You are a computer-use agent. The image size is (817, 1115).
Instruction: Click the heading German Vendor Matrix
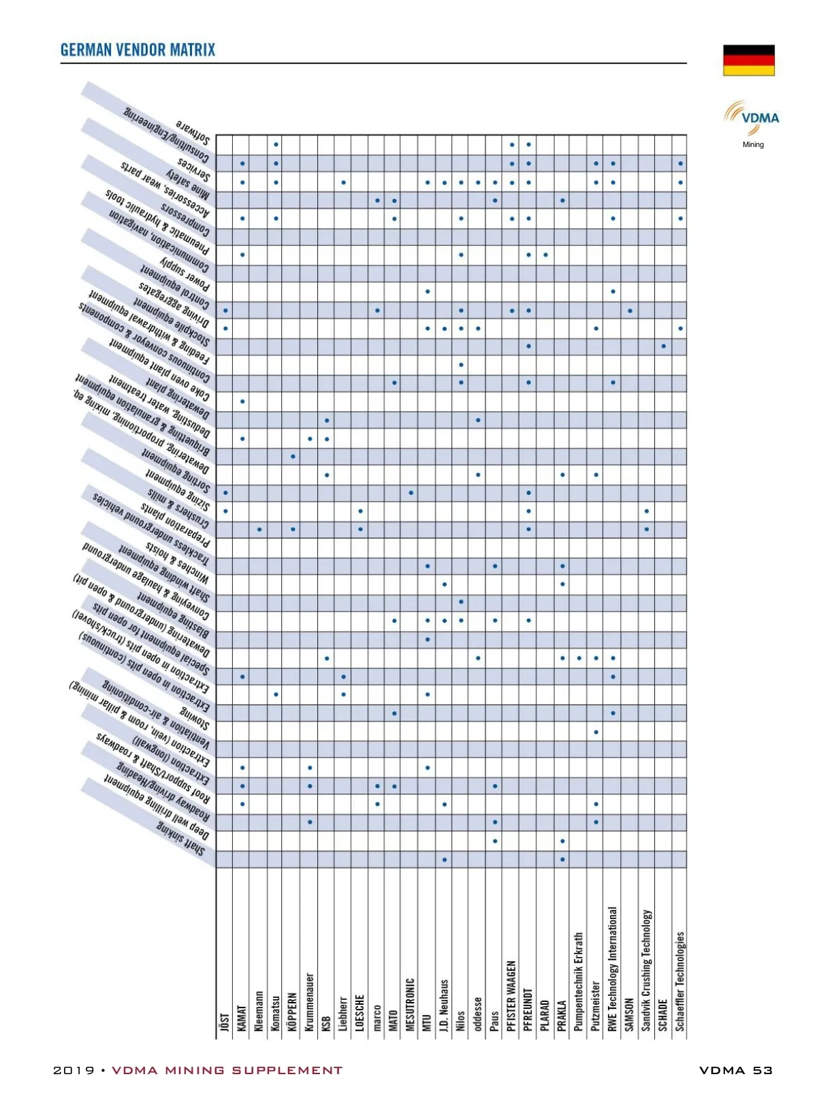[x=138, y=50]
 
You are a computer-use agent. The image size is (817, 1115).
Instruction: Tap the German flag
[x=748, y=61]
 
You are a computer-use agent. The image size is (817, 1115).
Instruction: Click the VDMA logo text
[x=760, y=118]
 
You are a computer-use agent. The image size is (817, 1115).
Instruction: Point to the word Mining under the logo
[x=753, y=144]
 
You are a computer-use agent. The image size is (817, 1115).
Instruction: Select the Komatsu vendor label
[x=276, y=1014]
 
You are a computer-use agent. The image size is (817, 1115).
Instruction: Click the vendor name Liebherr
[x=343, y=1014]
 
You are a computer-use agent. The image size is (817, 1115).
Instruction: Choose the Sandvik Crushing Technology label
[x=647, y=971]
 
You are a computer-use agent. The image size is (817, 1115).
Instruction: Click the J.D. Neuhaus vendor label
[x=444, y=1005]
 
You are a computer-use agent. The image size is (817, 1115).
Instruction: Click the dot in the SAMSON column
[x=630, y=311]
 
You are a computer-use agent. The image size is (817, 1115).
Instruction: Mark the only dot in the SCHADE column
[x=663, y=346]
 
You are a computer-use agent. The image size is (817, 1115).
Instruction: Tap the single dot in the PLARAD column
[x=545, y=255]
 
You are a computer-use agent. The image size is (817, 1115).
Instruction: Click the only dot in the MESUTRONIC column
[x=411, y=492]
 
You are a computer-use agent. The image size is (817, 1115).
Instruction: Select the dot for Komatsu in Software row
[x=276, y=144]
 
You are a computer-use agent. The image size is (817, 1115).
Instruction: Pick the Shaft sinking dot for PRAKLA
[x=562, y=859]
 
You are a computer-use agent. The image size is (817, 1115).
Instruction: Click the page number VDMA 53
[x=735, y=1070]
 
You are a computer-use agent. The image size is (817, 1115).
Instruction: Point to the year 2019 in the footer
[x=74, y=1070]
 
